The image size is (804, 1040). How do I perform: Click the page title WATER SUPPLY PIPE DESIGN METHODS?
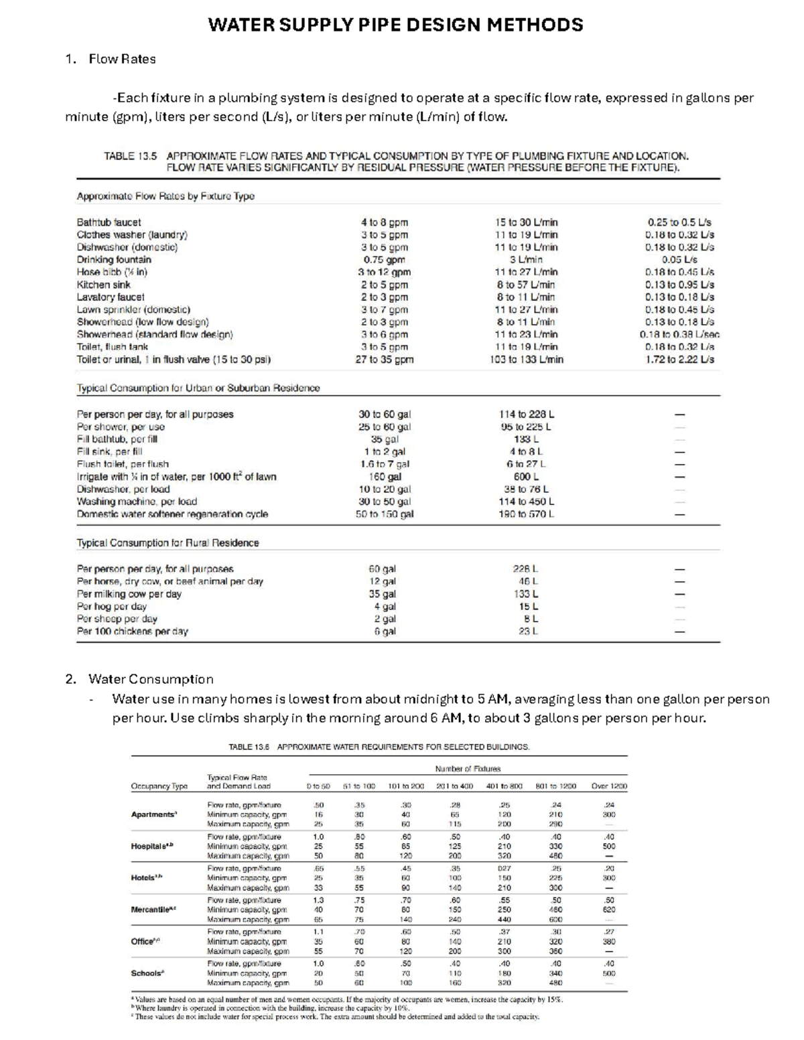pyautogui.click(x=395, y=25)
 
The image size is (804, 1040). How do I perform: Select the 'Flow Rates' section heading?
pyautogui.click(x=122, y=59)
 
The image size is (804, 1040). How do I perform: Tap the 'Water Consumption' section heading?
pyautogui.click(x=151, y=679)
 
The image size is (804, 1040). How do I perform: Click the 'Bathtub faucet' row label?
pyautogui.click(x=109, y=222)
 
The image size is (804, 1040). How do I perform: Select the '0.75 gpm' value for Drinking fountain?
pyautogui.click(x=384, y=260)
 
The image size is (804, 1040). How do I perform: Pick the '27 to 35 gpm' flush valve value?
pyautogui.click(x=384, y=360)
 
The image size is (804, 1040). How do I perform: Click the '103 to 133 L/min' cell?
pyautogui.click(x=526, y=360)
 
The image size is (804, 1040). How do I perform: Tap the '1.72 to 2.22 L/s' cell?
pyautogui.click(x=679, y=360)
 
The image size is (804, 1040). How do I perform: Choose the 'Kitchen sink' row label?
pyautogui.click(x=104, y=285)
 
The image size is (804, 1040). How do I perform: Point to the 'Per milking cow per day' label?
pyautogui.click(x=129, y=594)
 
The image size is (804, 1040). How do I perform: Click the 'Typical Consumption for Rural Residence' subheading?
pyautogui.click(x=167, y=542)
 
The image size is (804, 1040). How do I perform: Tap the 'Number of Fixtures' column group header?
pyautogui.click(x=468, y=769)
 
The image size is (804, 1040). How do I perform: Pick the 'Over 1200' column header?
pyautogui.click(x=609, y=786)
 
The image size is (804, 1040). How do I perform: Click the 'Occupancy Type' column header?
pyautogui.click(x=159, y=786)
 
